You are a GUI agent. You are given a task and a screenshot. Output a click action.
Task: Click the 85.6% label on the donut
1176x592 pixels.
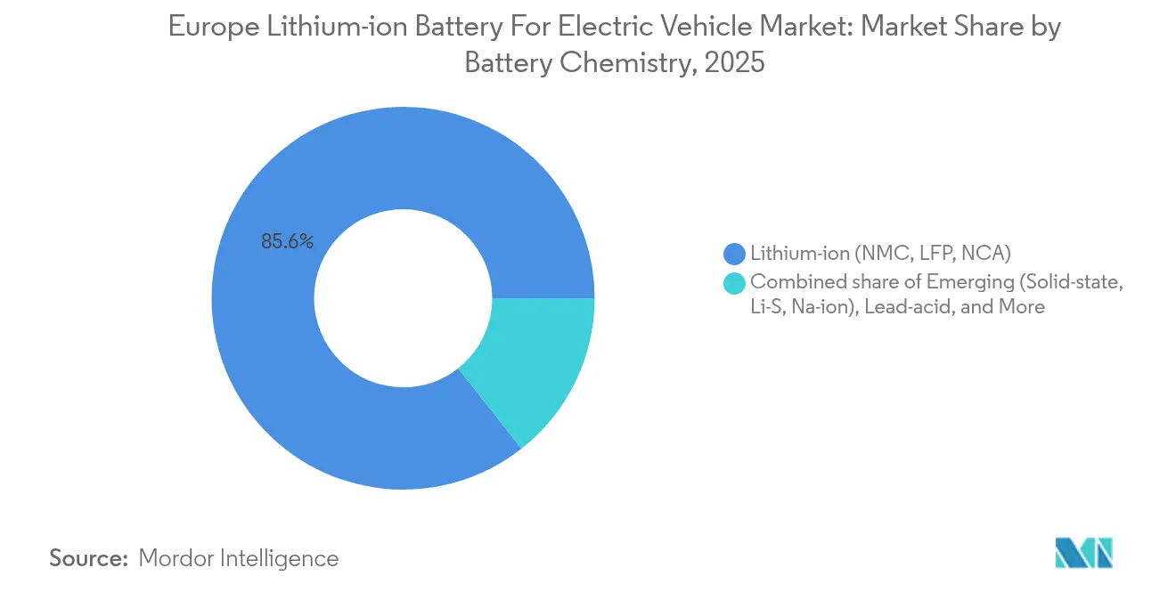point(287,241)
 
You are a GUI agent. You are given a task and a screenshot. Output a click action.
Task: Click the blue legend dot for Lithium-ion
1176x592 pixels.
point(735,255)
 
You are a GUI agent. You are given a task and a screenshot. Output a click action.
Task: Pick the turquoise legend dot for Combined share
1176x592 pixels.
point(735,283)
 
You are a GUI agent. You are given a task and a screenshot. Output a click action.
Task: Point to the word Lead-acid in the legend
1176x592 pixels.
point(927,307)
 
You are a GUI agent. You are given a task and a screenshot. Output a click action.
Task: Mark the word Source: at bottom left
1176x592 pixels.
point(89,558)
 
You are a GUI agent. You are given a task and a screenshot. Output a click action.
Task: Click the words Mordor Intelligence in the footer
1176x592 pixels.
point(239,558)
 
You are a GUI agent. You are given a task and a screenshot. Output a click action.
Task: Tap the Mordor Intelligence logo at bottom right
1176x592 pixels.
point(1083,553)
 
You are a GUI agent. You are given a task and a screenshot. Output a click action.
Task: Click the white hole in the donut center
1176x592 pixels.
point(403,298)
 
